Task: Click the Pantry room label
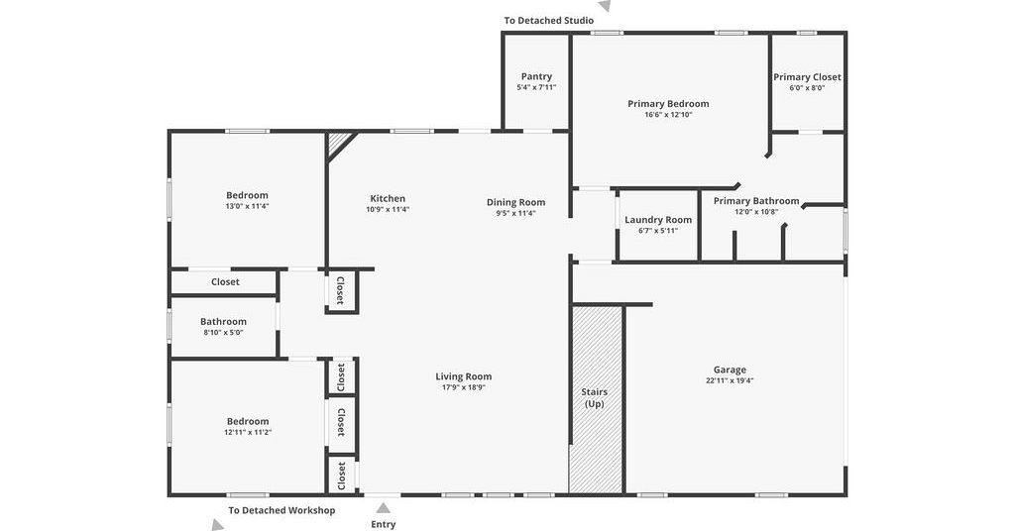(536, 76)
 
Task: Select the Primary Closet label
(807, 77)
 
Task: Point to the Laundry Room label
(658, 220)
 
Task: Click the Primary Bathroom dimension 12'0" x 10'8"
(756, 211)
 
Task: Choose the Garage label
(730, 370)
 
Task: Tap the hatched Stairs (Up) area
(596, 399)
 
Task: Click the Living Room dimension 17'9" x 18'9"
(464, 387)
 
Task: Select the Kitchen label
(388, 198)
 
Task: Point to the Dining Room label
(515, 202)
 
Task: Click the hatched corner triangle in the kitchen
(338, 144)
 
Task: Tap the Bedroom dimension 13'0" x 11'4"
(247, 206)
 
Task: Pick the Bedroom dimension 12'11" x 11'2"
(248, 432)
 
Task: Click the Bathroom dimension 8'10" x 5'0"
(223, 333)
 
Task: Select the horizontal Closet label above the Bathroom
(225, 282)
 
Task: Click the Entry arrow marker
(384, 508)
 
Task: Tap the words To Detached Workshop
(282, 510)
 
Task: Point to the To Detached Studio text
(549, 21)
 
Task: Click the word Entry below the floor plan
(384, 524)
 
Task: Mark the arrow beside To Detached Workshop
(217, 524)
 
